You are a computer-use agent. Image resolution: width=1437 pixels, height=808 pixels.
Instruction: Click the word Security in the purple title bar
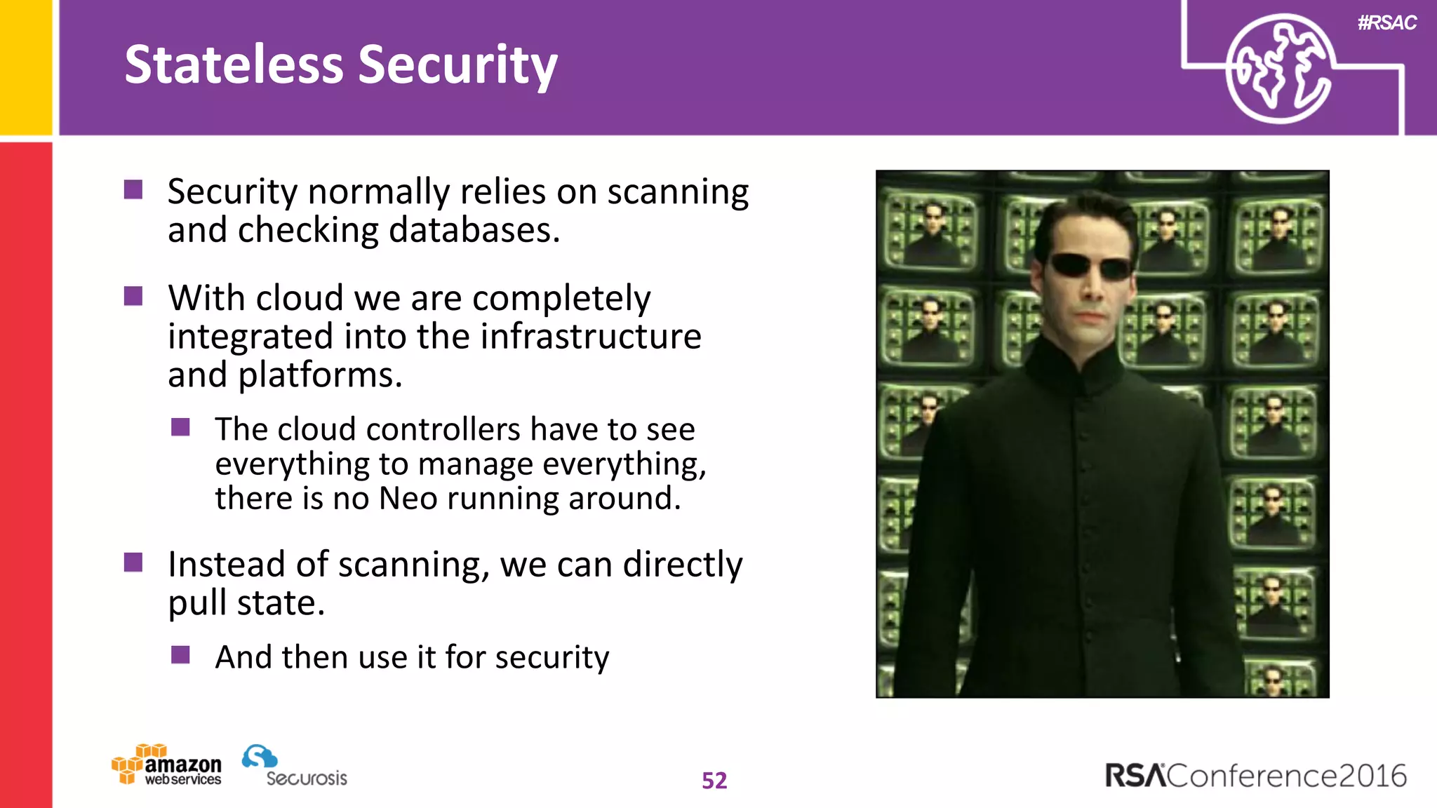pos(457,65)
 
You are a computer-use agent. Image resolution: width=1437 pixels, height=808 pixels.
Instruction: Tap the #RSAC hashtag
pos(1386,22)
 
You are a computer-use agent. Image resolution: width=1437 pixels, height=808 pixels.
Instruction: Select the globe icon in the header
pos(1279,69)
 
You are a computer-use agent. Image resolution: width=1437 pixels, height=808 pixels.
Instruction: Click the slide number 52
pos(714,781)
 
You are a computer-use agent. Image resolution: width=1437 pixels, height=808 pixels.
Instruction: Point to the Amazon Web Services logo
pos(167,765)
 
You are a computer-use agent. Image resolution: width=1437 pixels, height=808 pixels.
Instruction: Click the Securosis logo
pos(295,767)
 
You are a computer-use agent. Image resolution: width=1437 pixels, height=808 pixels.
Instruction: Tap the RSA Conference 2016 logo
pos(1255,776)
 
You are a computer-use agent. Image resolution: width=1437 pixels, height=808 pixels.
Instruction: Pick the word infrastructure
pos(591,336)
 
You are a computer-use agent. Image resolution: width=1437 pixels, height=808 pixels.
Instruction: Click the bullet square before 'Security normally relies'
pos(133,189)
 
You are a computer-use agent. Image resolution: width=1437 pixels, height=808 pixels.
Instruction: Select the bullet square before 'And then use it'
pos(180,654)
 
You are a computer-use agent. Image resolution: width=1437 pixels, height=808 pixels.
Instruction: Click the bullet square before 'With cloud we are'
pos(133,296)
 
